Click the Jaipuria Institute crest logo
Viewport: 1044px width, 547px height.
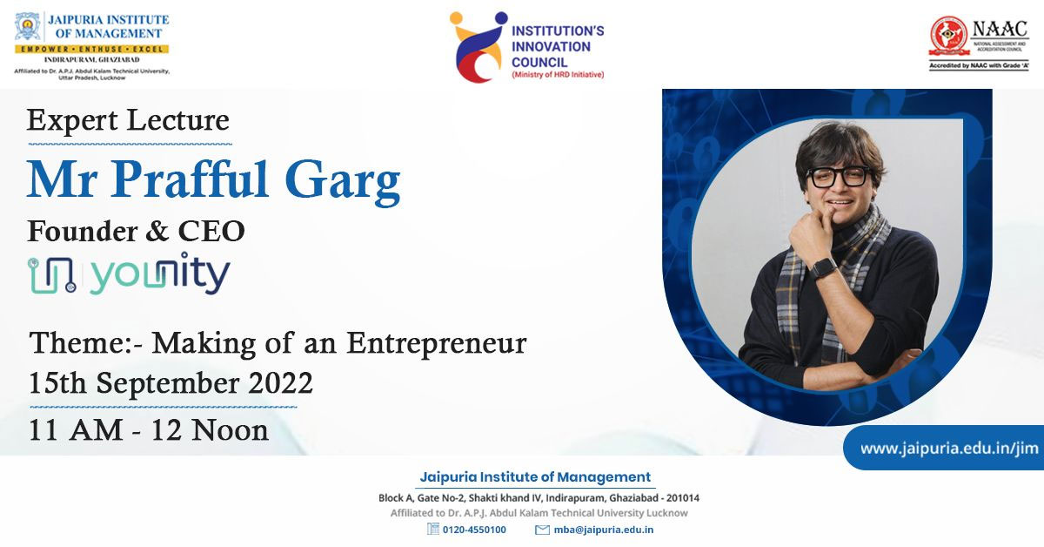click(28, 27)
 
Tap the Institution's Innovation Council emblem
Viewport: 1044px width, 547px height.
click(478, 47)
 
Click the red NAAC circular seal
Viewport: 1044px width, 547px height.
click(948, 36)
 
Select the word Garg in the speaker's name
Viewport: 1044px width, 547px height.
click(342, 181)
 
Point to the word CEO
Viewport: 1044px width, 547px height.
click(211, 231)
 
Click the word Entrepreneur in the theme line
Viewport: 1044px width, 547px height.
click(437, 343)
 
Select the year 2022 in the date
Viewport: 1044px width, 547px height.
click(280, 383)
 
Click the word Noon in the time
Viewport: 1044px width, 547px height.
click(231, 430)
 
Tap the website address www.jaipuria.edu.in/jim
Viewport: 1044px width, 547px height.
click(949, 448)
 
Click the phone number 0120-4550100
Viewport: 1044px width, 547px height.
click(474, 530)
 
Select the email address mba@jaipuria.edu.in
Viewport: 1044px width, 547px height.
click(604, 530)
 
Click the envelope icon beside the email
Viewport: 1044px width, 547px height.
click(542, 530)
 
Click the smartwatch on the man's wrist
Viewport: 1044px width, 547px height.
click(823, 268)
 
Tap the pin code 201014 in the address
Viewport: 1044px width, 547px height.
click(683, 498)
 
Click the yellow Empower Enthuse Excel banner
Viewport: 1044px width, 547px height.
click(92, 49)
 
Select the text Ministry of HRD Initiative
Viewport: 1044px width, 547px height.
click(558, 75)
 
